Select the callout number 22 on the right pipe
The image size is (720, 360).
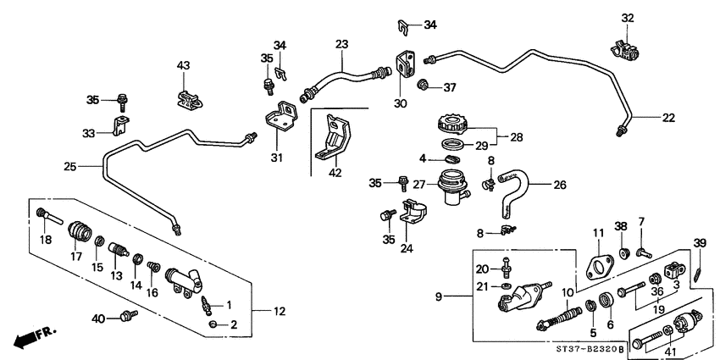(x=668, y=118)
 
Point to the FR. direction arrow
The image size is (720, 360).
(x=32, y=335)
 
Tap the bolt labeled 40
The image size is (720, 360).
(x=128, y=317)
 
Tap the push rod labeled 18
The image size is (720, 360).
(x=50, y=216)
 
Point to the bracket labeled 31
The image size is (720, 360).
(x=280, y=117)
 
